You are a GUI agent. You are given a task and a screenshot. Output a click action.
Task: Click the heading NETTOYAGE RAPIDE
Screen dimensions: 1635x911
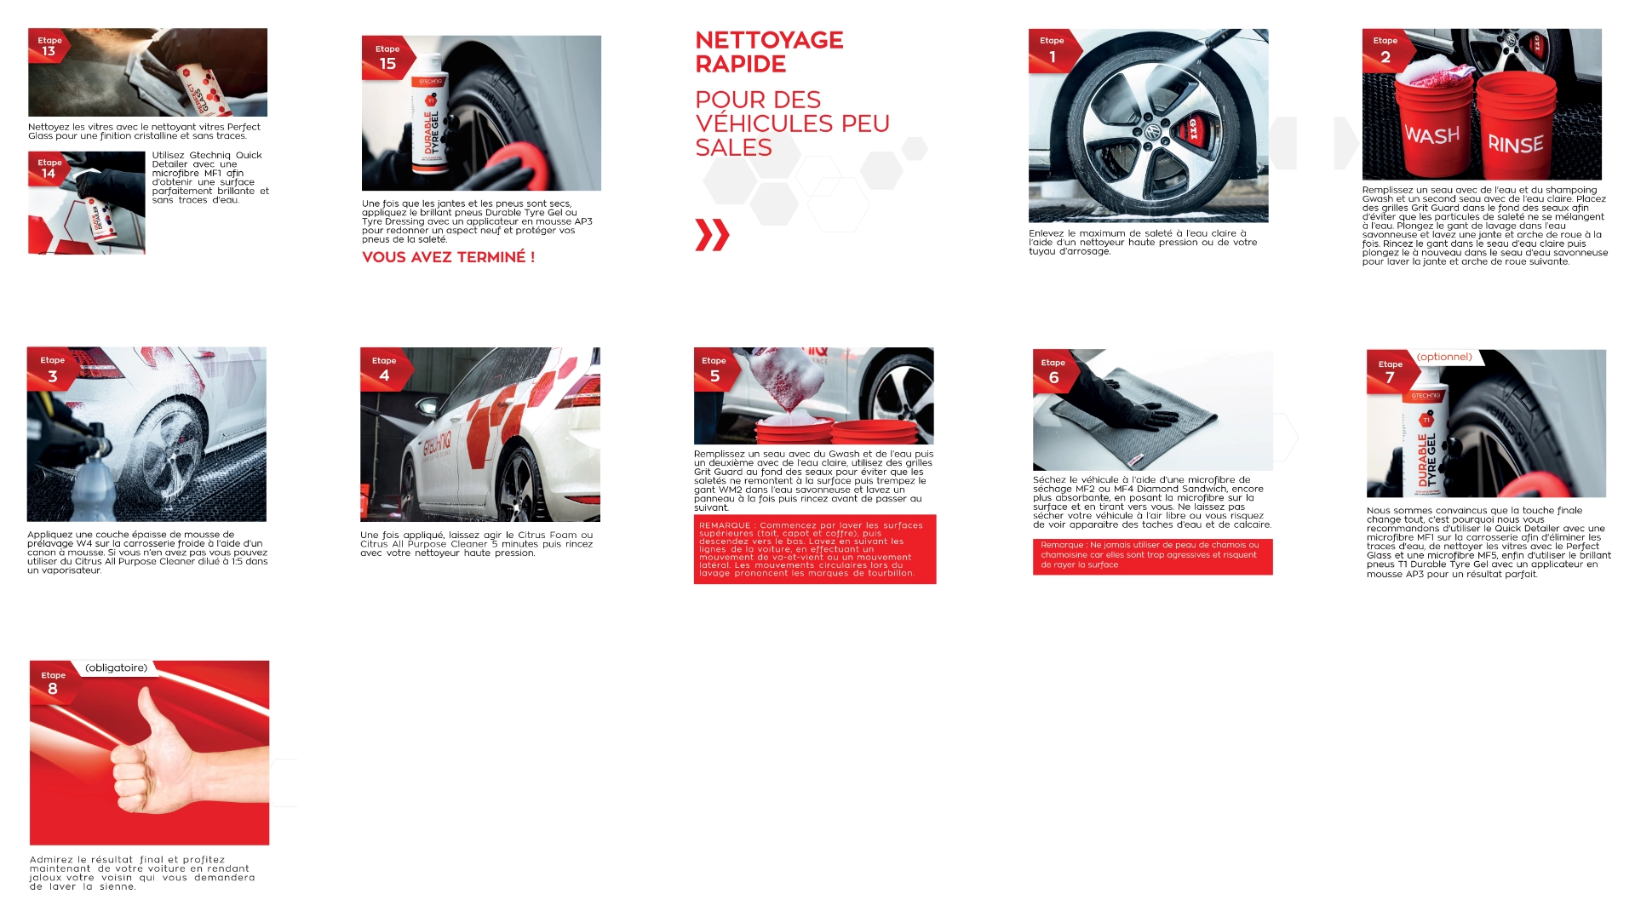(769, 52)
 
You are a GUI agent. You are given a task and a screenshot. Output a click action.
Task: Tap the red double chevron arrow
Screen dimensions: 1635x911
(712, 235)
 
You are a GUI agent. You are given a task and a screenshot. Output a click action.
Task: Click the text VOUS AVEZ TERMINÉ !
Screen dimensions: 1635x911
(448, 257)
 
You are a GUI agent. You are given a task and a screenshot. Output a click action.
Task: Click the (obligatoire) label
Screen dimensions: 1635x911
(117, 668)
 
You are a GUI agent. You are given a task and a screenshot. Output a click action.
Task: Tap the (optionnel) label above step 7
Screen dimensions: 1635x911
(1444, 357)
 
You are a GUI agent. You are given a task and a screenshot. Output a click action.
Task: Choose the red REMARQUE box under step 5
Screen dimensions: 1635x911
(815, 549)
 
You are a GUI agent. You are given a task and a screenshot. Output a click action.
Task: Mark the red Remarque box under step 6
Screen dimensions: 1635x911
(1153, 557)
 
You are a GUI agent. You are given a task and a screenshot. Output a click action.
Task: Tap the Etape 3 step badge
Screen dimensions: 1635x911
(53, 369)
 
